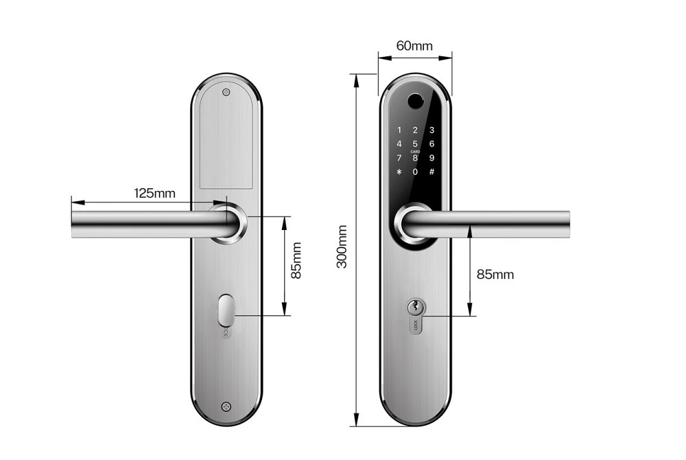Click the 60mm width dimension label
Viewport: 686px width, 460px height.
[x=415, y=46]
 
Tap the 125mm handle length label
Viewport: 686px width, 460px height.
[x=154, y=193]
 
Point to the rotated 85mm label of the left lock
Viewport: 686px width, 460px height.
[x=296, y=260]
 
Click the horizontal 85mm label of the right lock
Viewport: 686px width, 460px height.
[x=495, y=275]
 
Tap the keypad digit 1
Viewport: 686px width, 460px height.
[x=399, y=130]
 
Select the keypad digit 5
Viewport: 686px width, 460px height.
[x=415, y=143]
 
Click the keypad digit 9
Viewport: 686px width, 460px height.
[x=431, y=157]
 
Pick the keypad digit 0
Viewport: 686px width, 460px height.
[x=415, y=171]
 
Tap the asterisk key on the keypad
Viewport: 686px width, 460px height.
[x=399, y=171]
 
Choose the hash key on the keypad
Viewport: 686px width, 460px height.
[x=431, y=171]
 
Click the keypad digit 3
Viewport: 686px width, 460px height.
[x=431, y=130]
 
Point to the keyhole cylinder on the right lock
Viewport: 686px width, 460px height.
[x=415, y=308]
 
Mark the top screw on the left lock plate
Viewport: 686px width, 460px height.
[x=226, y=91]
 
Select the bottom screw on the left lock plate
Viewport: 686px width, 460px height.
[x=226, y=406]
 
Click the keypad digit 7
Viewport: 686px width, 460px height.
[x=399, y=157]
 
